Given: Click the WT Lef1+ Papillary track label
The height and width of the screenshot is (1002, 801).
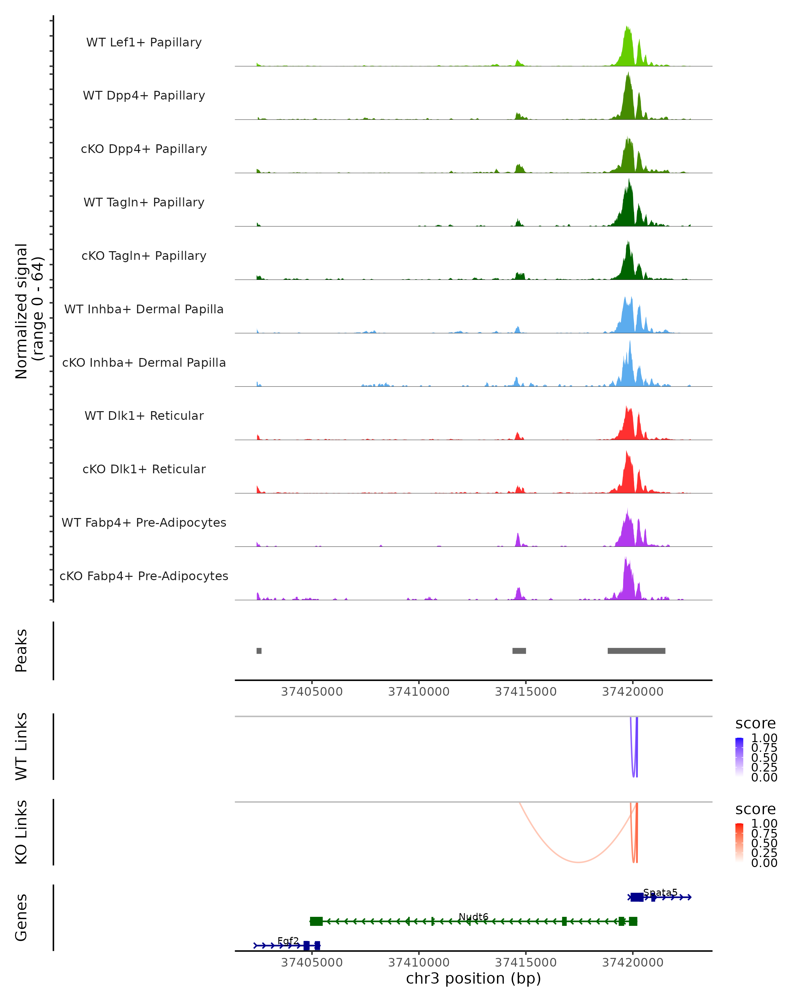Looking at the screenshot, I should coord(144,42).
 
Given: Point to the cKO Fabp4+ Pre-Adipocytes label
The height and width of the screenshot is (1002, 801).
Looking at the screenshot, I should coord(144,576).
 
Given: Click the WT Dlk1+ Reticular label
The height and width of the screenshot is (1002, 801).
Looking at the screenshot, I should coord(144,416).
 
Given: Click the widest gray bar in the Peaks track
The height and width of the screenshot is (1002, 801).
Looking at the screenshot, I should coord(636,651).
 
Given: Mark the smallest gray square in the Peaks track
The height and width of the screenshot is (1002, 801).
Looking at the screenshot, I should coord(259,651).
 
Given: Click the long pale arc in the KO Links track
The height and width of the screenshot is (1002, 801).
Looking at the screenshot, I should coord(578,862).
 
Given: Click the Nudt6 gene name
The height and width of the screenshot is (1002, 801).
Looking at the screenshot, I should coord(473,917).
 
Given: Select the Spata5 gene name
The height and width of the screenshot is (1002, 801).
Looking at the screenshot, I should coord(660,893).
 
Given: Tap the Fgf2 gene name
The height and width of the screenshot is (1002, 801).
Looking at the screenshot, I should coord(288,941).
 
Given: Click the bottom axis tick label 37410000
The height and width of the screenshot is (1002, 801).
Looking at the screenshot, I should coord(419,963).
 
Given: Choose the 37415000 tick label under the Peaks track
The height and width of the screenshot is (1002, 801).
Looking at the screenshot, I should coord(526,692).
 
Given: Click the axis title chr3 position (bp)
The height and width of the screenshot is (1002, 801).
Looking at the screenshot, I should coord(473,979).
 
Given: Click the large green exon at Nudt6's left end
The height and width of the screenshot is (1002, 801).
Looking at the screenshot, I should coord(316,922).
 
